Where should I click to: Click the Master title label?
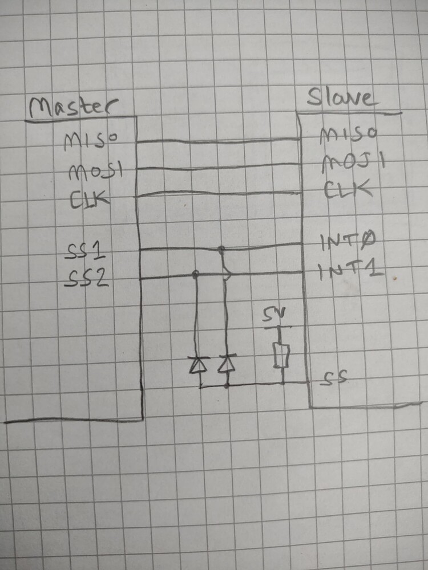[x=74, y=107]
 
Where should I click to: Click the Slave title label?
[x=341, y=97]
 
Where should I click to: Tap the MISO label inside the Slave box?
[x=348, y=135]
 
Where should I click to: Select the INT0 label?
[x=348, y=241]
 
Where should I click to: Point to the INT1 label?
[x=350, y=271]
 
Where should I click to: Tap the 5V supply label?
[x=274, y=315]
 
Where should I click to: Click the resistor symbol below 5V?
[x=282, y=355]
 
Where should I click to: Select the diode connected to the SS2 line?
[x=199, y=365]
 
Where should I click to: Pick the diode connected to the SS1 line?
[x=227, y=363]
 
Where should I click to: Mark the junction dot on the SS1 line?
[x=220, y=249]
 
